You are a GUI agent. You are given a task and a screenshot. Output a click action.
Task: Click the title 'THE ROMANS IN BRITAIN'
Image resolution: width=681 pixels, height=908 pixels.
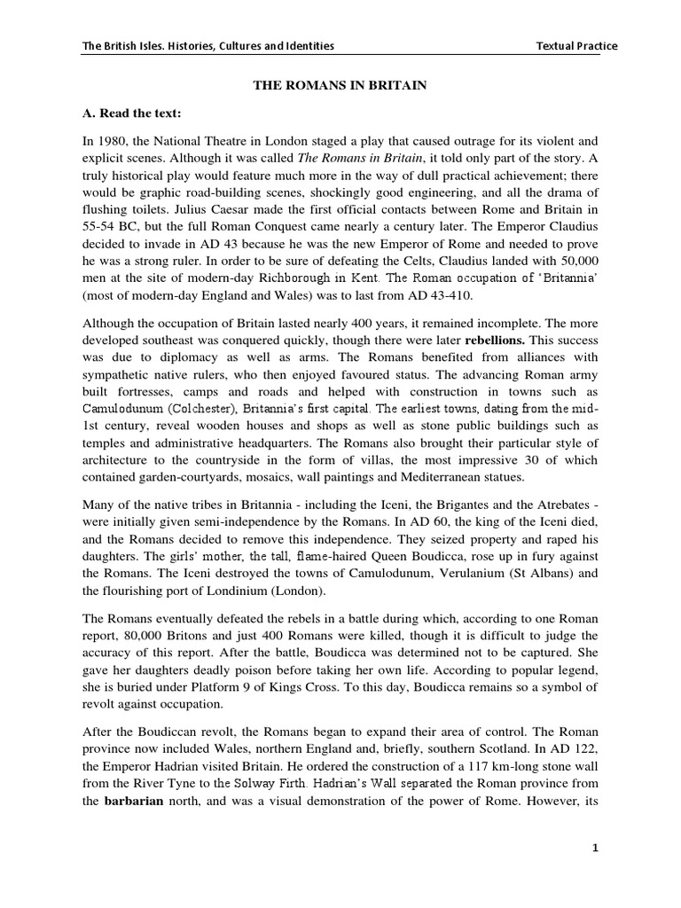[341, 85]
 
